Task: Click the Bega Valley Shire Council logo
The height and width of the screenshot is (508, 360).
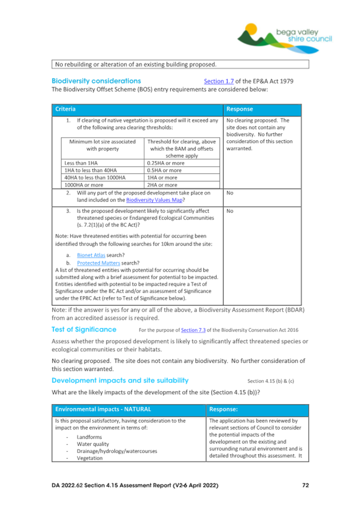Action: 285,35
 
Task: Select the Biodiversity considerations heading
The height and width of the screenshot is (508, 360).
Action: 96,81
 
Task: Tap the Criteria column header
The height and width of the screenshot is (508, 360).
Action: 64,109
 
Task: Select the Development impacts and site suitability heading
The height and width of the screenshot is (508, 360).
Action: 120,381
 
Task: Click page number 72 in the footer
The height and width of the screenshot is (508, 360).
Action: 305,485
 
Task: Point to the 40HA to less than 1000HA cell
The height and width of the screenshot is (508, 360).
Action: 91,178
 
